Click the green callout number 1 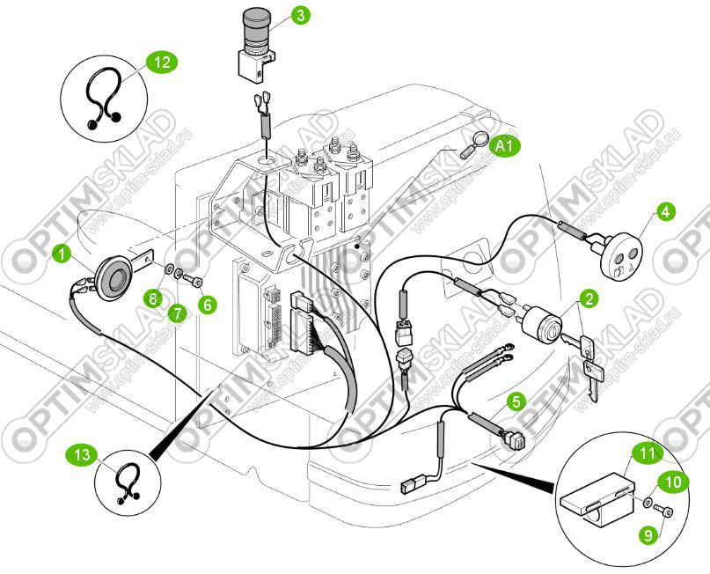[62, 254]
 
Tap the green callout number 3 [301, 16]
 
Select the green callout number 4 [665, 211]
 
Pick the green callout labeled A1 [505, 146]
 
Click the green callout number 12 [162, 63]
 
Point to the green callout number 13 [81, 454]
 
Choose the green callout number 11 [648, 454]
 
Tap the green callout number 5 [516, 401]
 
